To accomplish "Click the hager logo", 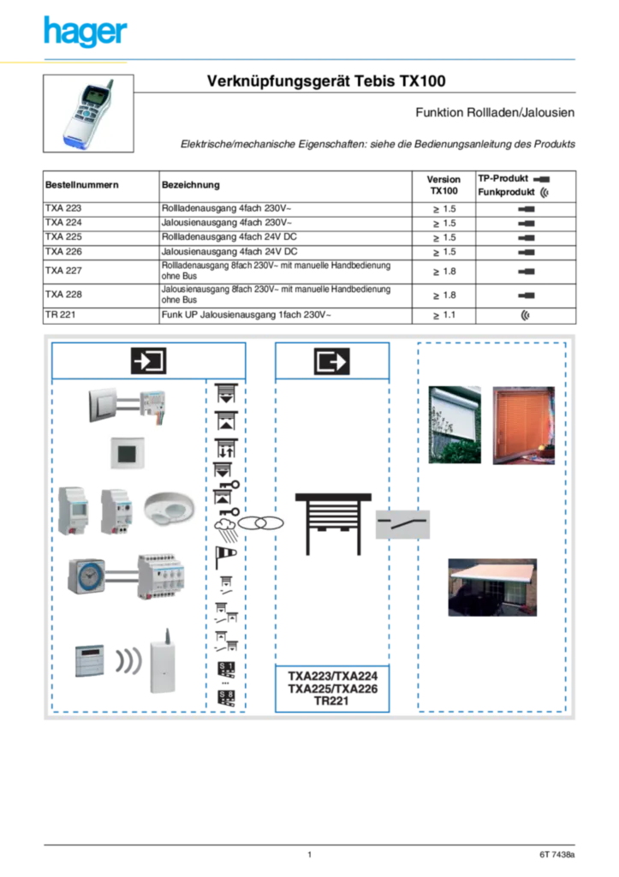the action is pos(86,32).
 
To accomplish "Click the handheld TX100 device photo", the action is pos(88,114).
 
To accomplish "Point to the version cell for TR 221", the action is pos(444,315).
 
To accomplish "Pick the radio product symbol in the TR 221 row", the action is pos(525,315).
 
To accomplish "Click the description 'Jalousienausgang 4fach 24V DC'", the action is pos(229,252).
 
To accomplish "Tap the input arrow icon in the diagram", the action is pos(149,361).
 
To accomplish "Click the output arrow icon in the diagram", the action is pos(332,361).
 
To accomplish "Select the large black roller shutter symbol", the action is pos(333,524).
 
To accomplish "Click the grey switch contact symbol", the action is pos(402,524).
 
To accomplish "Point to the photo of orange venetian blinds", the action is pos(523,425).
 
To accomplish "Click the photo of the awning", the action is pos(492,588).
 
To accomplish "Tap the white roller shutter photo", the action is pos(455,425).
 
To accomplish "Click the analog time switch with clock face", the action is pos(86,576).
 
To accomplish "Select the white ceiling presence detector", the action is pos(170,509).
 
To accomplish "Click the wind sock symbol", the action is pos(225,557).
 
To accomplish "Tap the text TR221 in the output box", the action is pos(331,701).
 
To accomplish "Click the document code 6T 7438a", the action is pos(557,855).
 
